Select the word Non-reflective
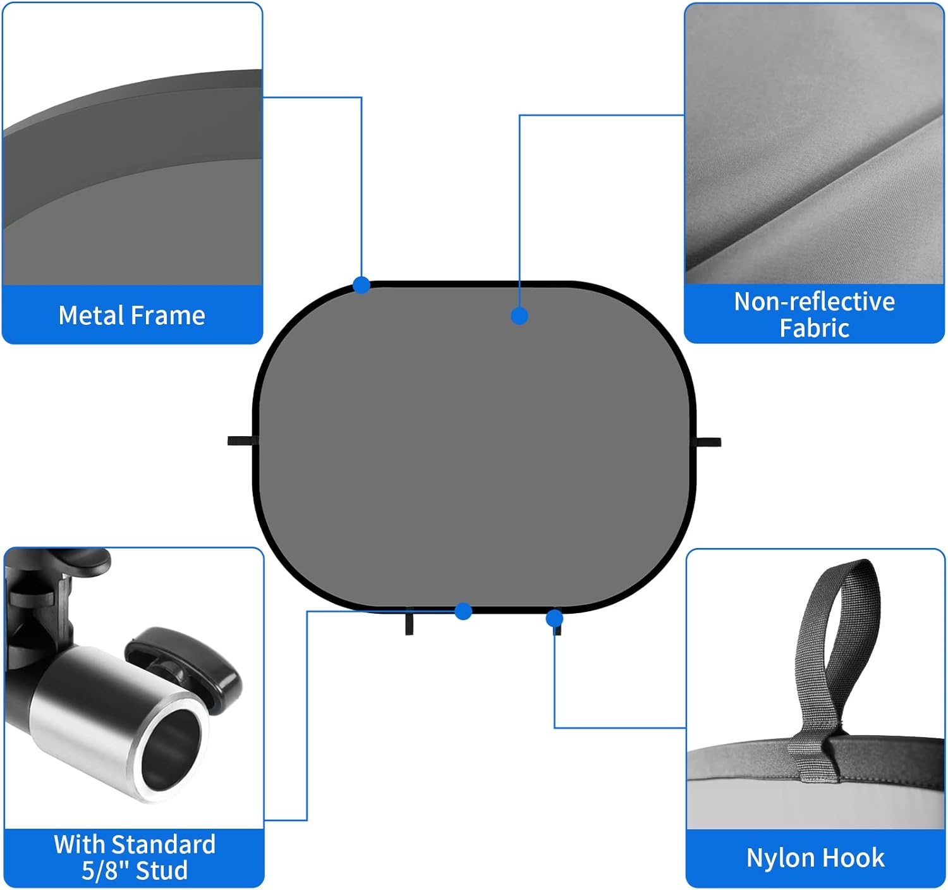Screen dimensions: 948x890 point(815,302)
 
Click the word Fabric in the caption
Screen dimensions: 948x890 point(815,329)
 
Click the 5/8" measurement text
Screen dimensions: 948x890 point(106,870)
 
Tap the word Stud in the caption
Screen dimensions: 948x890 point(162,870)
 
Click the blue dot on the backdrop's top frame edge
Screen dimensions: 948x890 point(362,285)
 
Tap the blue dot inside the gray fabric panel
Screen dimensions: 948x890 point(520,315)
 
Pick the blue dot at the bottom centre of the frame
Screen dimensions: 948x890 point(463,611)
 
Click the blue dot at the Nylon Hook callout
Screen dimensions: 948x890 point(554,618)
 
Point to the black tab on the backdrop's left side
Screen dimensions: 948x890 point(243,441)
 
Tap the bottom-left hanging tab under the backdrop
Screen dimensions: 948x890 point(409,624)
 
